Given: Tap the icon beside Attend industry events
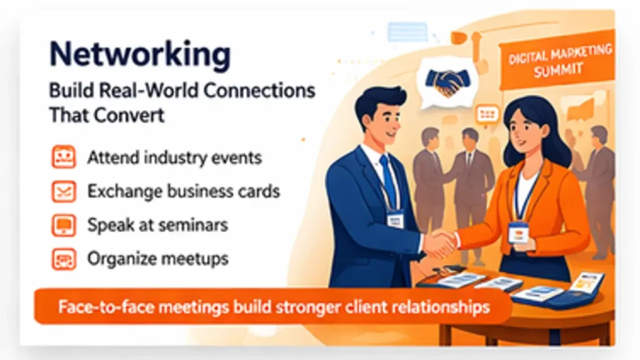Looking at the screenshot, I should coord(63,157).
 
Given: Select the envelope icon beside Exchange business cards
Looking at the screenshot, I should coord(63,191).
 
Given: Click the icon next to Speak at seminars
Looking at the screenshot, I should coord(63,224).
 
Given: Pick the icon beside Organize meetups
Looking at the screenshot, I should coord(63,257).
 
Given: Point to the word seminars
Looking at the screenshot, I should coord(194,224).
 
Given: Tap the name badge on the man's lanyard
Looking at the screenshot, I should coord(394,219).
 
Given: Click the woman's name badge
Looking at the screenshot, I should coord(517,232).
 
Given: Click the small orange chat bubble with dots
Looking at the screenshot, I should coord(487,114).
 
